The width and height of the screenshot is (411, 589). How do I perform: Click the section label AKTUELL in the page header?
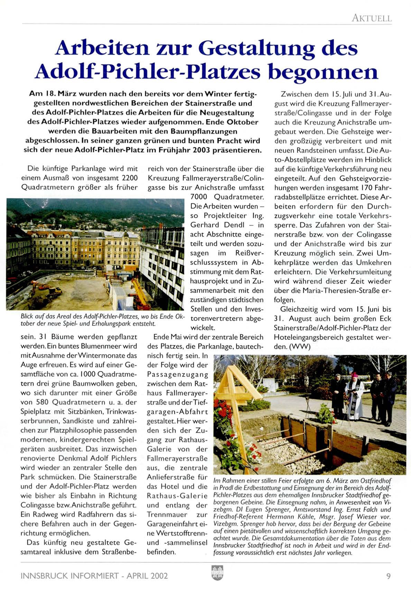tap(372, 18)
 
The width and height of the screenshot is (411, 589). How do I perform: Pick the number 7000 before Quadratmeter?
tap(200, 197)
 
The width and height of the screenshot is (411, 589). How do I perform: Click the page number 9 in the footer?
tap(389, 576)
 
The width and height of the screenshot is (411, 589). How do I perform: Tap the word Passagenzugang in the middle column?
tap(177, 375)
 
